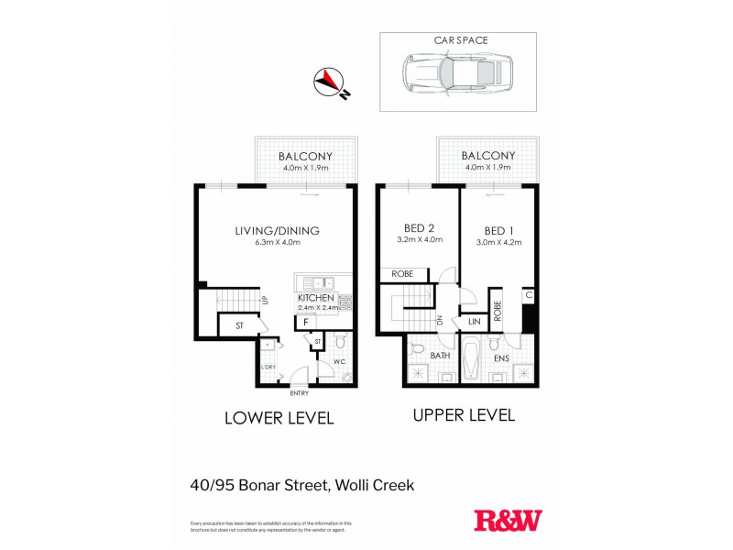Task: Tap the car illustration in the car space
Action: tap(457, 76)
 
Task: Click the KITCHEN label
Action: tap(315, 298)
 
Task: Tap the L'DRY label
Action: tap(268, 368)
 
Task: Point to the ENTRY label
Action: tap(300, 393)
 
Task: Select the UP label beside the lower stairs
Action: tap(264, 300)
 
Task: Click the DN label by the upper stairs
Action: tap(440, 320)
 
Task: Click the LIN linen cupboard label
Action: tap(475, 322)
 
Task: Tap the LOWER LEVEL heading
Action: tap(279, 418)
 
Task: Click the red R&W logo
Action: tap(508, 521)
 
